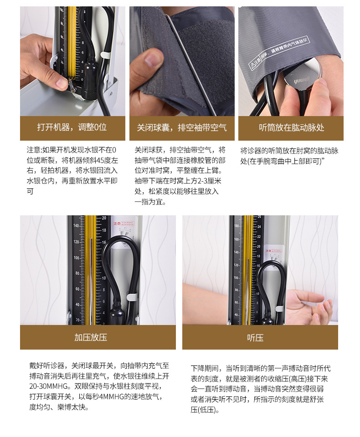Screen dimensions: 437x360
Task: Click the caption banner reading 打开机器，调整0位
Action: [x=72, y=128]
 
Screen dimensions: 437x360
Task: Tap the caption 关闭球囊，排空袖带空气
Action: [x=182, y=128]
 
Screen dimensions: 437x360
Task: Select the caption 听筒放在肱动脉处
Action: [x=291, y=128]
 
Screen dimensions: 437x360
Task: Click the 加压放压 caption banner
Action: [x=98, y=337]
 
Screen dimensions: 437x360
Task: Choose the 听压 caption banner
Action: [x=260, y=337]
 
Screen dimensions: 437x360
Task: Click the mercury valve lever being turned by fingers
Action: [x=72, y=85]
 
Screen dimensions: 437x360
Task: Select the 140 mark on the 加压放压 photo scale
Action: [x=76, y=226]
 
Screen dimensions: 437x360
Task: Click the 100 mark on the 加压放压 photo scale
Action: [x=76, y=258]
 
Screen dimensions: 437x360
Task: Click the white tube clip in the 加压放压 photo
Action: [x=132, y=297]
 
